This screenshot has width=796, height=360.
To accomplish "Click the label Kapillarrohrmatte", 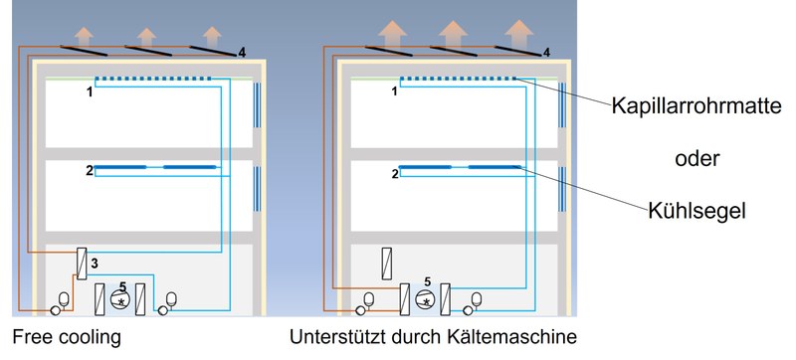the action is [696, 106].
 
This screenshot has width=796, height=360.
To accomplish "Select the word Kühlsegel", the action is [696, 211].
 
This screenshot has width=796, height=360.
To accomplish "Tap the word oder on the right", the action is [697, 159].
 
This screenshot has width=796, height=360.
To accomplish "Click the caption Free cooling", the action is [67, 337].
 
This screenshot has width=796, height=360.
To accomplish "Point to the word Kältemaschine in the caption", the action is [512, 337].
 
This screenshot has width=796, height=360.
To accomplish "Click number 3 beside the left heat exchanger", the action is [95, 263].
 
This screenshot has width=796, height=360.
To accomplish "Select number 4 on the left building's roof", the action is [242, 53].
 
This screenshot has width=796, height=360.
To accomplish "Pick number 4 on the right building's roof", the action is [546, 53].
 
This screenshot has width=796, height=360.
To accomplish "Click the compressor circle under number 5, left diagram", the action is [120, 298].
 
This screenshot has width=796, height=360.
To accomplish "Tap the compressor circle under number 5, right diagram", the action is [426, 298].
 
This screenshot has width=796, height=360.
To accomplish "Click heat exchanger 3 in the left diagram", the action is [82, 263].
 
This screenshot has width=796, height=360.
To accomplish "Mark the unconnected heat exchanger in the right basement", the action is [386, 263].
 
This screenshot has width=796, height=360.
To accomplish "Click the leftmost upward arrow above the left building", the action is [84, 38].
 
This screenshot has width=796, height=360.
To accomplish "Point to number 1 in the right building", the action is [394, 91].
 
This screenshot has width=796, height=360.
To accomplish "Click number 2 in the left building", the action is [90, 171].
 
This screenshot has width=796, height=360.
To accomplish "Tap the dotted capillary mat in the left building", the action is [153, 79].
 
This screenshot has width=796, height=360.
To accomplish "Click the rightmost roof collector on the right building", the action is [517, 51].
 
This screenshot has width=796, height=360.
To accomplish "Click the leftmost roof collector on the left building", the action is [84, 51].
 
